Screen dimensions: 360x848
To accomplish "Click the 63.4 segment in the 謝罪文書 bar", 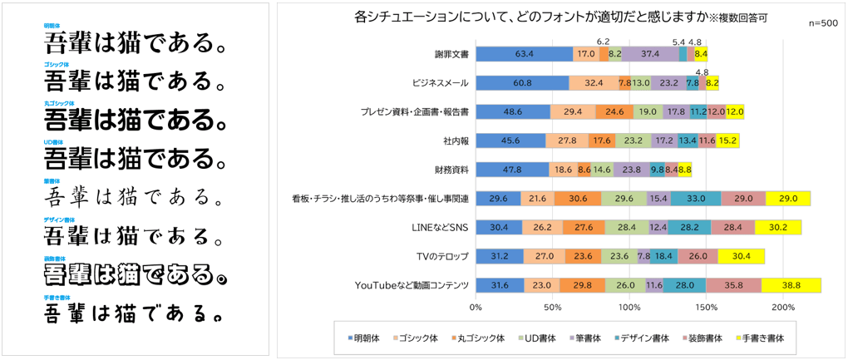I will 524,54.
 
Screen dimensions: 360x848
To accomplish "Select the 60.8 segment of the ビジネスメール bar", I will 522,83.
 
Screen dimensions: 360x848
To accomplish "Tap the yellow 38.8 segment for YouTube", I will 791,285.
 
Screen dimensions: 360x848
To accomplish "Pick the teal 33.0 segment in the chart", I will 696,198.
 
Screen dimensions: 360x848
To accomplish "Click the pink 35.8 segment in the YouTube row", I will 733,285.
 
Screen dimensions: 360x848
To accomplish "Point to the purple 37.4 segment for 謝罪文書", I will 650,54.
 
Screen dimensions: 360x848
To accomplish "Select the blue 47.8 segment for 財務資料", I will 513,170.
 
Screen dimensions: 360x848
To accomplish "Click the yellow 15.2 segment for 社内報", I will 727,141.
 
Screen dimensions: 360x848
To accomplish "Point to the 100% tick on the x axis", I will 629,308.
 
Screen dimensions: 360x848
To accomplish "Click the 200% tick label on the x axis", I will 783,308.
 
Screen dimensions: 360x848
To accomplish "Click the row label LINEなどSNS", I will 441,227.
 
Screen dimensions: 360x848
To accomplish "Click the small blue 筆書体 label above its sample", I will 52,180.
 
